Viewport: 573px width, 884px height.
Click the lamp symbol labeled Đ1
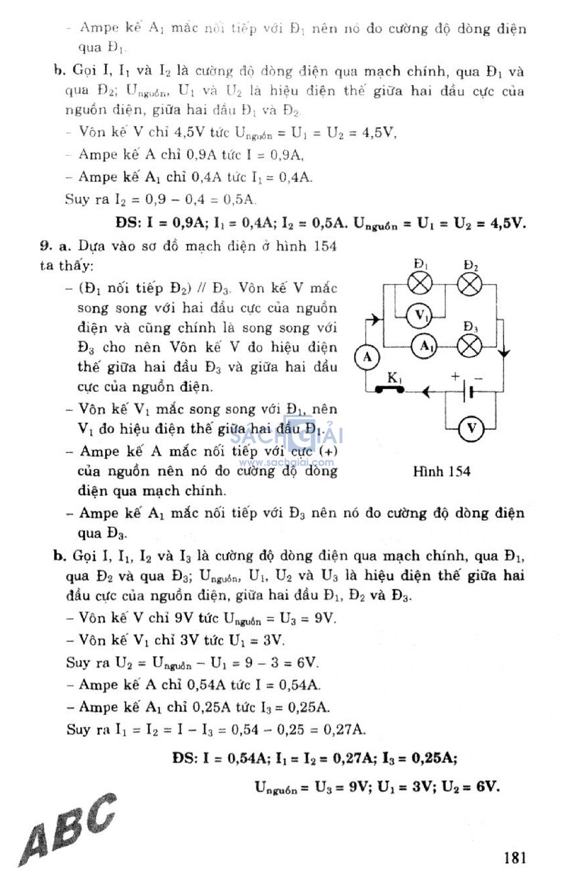click(420, 284)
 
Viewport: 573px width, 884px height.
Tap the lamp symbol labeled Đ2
click(469, 284)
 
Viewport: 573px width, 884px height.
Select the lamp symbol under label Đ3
click(469, 347)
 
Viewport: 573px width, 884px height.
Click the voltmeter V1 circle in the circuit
click(421, 315)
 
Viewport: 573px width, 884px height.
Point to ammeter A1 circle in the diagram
click(426, 347)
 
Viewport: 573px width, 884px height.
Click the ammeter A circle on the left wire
click(367, 357)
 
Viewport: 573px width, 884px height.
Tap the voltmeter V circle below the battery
click(471, 429)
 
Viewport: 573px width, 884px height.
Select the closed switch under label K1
click(389, 389)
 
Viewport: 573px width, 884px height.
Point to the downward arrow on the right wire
click(504, 353)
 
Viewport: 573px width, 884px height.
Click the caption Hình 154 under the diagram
click(442, 471)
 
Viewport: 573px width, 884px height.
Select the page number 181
click(514, 857)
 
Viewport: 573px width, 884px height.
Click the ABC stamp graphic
click(67, 829)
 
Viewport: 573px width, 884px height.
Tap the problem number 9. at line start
click(46, 246)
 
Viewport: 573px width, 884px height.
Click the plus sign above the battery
click(455, 376)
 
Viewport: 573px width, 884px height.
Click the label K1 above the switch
click(394, 377)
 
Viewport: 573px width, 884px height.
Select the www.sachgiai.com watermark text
click(286, 462)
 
